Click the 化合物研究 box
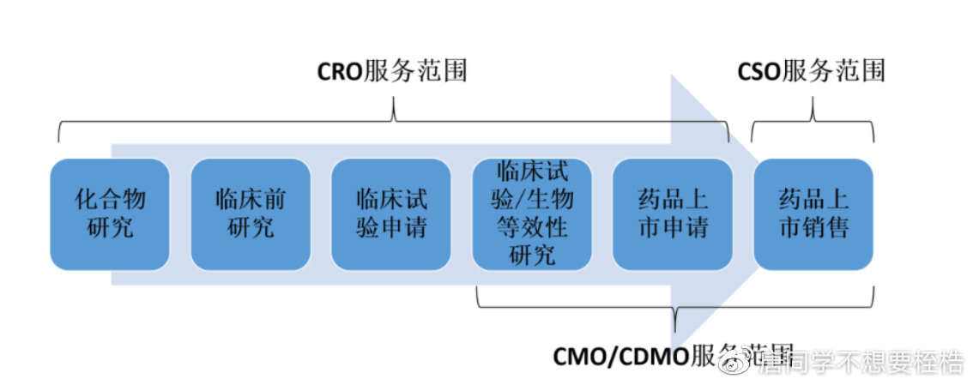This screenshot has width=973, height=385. pos(110,214)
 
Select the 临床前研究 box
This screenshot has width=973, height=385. pos(251,214)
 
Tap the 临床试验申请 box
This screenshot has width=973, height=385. pos(391,214)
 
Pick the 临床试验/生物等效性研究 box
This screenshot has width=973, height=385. pos(532,214)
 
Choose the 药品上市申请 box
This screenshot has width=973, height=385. pos(673,214)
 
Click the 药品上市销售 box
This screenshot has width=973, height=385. pos(813,214)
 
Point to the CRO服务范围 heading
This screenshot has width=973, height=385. pos(392,71)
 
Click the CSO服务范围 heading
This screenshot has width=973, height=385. pos(811,71)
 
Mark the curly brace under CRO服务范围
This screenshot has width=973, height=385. pos(393,119)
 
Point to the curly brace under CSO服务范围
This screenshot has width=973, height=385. pos(813,120)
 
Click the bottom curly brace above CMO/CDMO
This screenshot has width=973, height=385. pos(675,308)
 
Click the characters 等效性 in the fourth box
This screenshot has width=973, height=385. pos(532,229)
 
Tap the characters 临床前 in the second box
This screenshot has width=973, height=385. pos(251,200)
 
